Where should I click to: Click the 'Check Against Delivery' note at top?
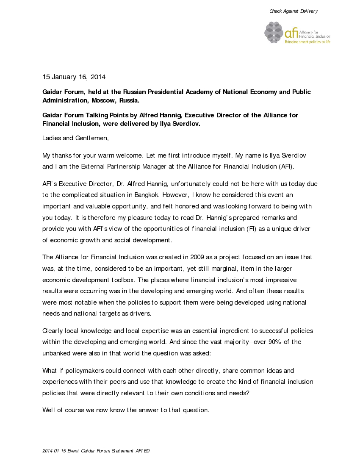pyautogui.click(x=294, y=11)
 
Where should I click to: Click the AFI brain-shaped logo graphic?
pyautogui.click(x=274, y=32)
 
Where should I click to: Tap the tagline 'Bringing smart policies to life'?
pyautogui.click(x=307, y=42)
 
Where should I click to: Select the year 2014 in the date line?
pyautogui.click(x=98, y=77)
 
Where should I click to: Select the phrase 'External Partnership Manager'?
pyautogui.click(x=124, y=166)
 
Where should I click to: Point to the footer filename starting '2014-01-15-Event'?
pyautogui.click(x=96, y=451)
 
